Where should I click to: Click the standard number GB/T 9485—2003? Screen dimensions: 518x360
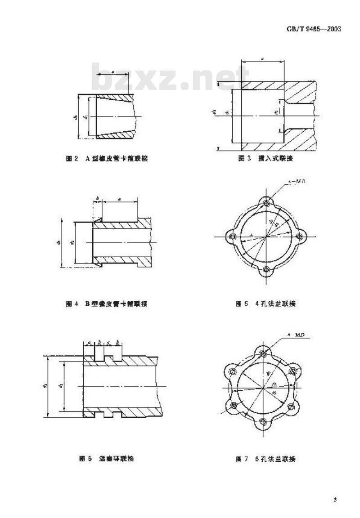pyautogui.click(x=313, y=29)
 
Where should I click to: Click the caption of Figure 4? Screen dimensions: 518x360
pyautogui.click(x=107, y=304)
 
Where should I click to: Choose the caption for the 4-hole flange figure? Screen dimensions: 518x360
pyautogui.click(x=266, y=304)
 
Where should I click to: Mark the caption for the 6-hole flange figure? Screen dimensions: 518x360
pyautogui.click(x=266, y=459)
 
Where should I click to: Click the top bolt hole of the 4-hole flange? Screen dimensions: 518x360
pyautogui.click(x=266, y=204)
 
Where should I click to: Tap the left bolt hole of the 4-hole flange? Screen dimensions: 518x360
pyautogui.click(x=233, y=237)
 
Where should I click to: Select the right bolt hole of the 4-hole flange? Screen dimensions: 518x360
pyautogui.click(x=300, y=237)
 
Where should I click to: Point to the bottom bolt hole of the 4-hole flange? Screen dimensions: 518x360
pyautogui.click(x=266, y=270)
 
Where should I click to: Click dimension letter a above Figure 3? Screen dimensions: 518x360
pyautogui.click(x=262, y=58)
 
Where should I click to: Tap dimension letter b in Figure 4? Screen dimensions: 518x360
pyautogui.click(x=98, y=198)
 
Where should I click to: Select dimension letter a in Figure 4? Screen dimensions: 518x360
pyautogui.click(x=119, y=198)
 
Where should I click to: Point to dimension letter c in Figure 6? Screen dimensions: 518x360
pyautogui.click(x=108, y=342)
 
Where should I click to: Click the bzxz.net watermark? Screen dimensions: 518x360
pyautogui.click(x=171, y=77)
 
